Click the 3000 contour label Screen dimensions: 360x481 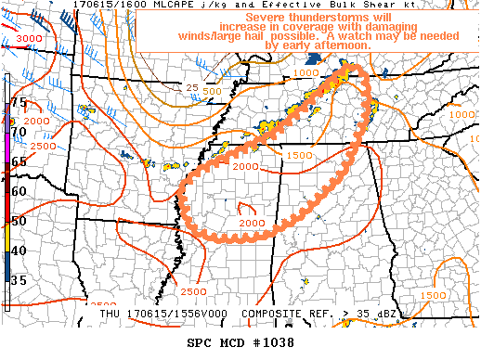(x=29, y=37)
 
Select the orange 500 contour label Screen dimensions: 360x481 (x=211, y=92)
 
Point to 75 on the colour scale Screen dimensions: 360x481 (x=19, y=102)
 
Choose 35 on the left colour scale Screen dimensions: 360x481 (x=19, y=278)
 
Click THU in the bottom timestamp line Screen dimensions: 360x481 (x=111, y=315)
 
